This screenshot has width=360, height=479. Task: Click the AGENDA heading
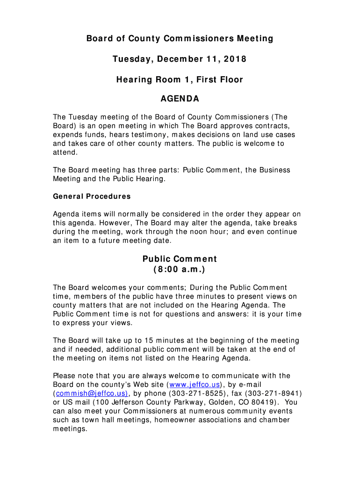[x=180, y=99]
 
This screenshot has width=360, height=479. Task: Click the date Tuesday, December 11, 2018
[x=180, y=59]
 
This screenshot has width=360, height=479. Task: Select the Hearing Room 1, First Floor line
[x=180, y=80]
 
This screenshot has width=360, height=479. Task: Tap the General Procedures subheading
[x=92, y=196]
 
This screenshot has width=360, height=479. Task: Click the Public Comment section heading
[x=180, y=259]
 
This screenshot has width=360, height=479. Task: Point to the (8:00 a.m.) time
[x=180, y=270]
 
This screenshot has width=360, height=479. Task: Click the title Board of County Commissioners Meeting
[x=180, y=38]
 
